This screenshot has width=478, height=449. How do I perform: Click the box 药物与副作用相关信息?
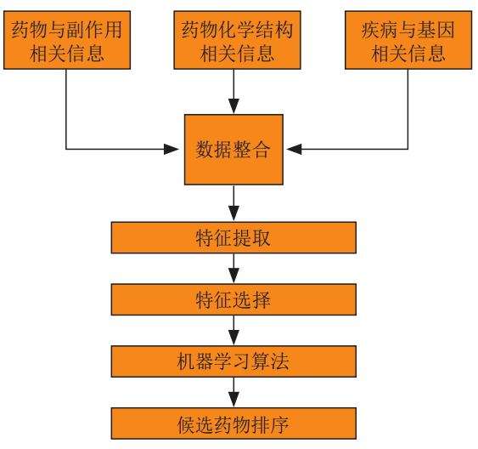pos(67,40)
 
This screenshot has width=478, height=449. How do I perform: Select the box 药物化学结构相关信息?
pos(237,40)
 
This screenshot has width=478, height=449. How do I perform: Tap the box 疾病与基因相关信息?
pos(408,40)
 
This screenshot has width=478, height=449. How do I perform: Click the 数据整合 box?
pos(233,150)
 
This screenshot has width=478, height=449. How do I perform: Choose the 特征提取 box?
pos(233,238)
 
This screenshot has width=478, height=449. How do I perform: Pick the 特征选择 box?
pos(233,299)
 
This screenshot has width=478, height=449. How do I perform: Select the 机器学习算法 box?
pos(233,361)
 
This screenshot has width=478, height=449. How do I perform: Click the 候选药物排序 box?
pos(233,423)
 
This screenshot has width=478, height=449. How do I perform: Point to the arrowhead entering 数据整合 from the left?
pos(172,150)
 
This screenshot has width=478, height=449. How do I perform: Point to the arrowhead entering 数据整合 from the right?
pos(294,150)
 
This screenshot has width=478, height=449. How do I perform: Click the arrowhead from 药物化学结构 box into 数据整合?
pos(233,106)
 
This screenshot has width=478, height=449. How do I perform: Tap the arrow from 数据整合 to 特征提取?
pos(233,203)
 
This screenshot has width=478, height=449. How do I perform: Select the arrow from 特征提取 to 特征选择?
pos(233,269)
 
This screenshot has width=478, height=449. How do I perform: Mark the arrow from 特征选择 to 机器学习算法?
pos(233,330)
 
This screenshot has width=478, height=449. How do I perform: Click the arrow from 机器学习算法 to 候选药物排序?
pos(233,392)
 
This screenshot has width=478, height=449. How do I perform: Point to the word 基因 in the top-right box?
pos(436,30)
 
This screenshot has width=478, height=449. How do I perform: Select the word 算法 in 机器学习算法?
pos(270,361)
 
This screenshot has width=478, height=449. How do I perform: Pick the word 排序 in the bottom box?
pos(270,424)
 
